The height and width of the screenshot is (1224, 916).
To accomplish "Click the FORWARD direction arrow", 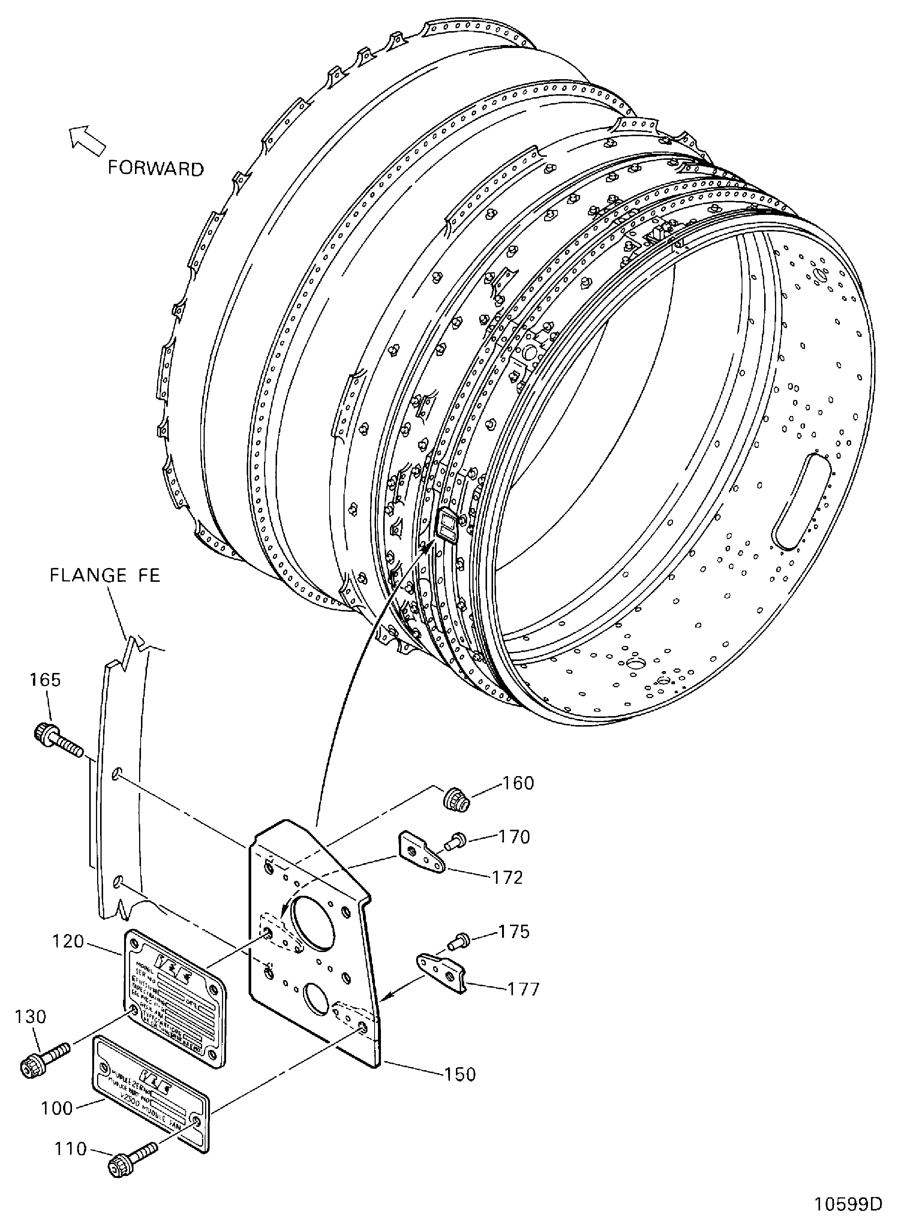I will [87, 140].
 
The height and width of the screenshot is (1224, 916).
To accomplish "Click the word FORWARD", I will [156, 168].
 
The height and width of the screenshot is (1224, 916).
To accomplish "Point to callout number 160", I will [518, 783].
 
